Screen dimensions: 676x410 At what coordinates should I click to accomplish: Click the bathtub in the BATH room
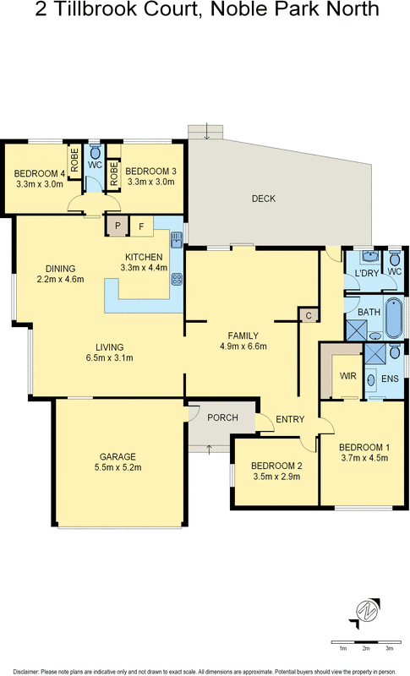click(x=392, y=318)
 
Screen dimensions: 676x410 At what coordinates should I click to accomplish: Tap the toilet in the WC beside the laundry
click(x=395, y=256)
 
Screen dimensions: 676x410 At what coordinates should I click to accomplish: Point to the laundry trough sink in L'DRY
click(x=369, y=254)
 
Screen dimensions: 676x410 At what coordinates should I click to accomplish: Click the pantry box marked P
click(x=114, y=226)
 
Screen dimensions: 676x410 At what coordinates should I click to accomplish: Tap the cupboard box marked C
click(x=309, y=315)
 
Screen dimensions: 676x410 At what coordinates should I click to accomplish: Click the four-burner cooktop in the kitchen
click(x=177, y=281)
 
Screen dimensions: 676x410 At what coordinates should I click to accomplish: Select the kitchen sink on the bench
click(x=176, y=240)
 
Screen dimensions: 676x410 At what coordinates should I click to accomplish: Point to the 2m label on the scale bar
click(x=366, y=648)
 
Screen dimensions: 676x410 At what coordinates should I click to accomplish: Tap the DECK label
click(x=264, y=199)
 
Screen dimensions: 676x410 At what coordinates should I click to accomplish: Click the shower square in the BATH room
click(x=356, y=330)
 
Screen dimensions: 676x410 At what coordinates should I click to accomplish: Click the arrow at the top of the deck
click(x=206, y=131)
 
